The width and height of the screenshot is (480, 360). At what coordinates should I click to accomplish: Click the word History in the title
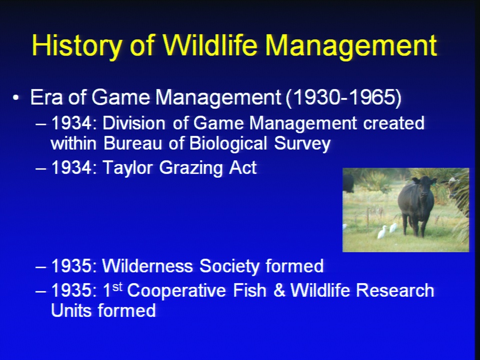click(x=77, y=45)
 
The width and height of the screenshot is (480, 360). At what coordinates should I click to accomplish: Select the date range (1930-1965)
click(x=343, y=97)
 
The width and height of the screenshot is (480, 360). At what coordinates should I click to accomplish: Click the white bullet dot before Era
click(x=15, y=98)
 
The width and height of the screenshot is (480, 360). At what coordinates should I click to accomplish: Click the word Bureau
click(x=133, y=143)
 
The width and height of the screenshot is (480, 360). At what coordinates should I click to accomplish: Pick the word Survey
click(x=302, y=143)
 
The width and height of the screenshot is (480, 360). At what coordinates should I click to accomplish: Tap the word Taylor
click(x=127, y=168)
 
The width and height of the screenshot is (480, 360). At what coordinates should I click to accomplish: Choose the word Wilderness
click(x=147, y=265)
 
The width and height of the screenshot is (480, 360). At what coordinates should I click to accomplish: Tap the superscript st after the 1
click(x=117, y=287)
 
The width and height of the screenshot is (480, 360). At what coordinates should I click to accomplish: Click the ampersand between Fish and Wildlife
click(x=279, y=290)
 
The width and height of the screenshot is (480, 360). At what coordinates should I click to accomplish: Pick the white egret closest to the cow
click(x=393, y=228)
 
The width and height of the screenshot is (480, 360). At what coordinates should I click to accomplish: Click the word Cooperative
click(x=176, y=290)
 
